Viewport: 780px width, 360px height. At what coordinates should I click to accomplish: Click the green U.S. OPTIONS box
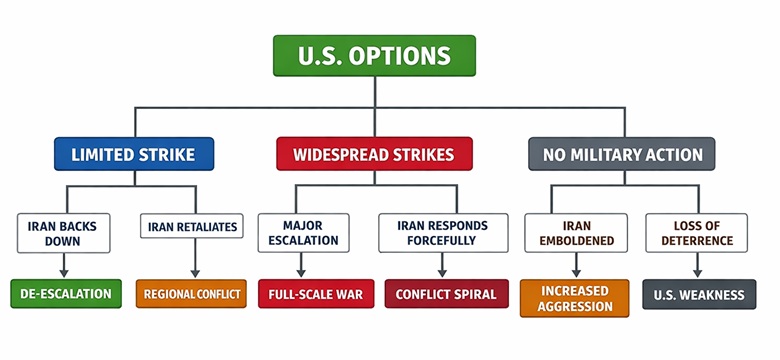click(374, 56)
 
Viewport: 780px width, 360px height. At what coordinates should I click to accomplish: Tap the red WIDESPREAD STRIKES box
click(374, 154)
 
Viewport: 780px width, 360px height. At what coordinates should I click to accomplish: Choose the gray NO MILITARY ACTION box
click(622, 154)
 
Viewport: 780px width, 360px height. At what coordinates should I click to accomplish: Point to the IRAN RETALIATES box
click(194, 227)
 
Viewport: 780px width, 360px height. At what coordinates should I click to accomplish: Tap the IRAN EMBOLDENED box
click(575, 233)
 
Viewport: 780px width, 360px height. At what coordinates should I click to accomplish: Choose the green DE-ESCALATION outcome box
click(66, 294)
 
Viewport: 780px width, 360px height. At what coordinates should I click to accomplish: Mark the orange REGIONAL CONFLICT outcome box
click(191, 294)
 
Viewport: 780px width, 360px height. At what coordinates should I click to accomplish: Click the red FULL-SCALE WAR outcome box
click(313, 294)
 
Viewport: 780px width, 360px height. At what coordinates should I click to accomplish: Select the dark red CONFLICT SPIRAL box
click(439, 294)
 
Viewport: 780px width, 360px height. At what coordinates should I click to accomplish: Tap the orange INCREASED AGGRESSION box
click(575, 298)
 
